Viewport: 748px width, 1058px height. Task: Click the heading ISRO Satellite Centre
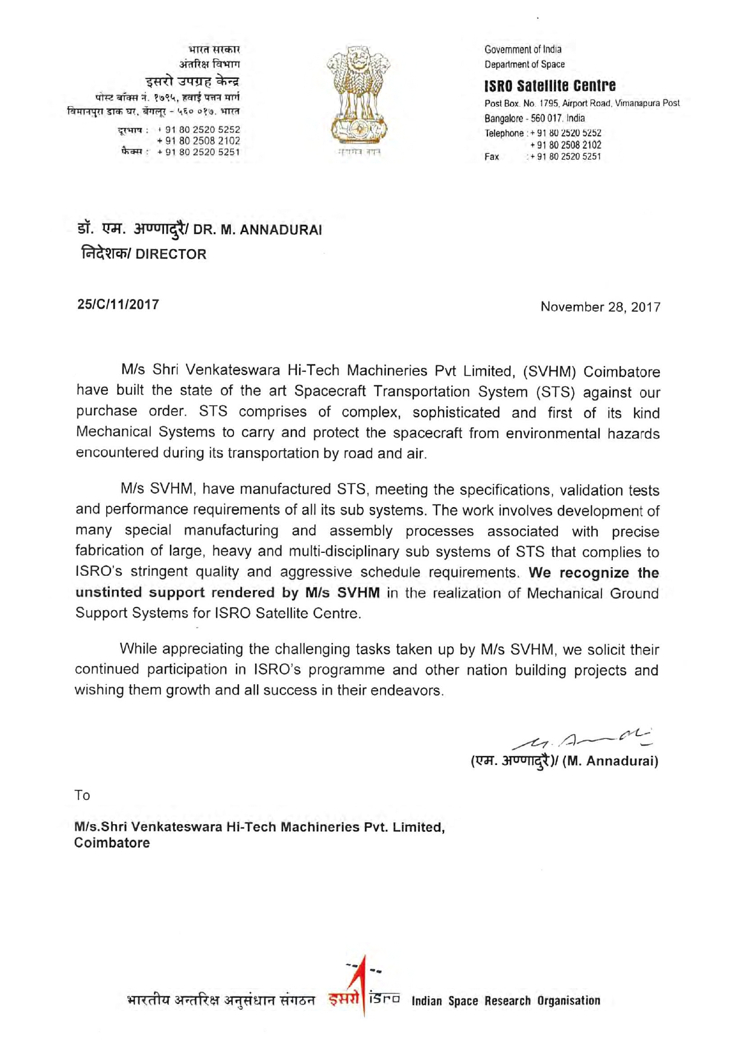point(550,86)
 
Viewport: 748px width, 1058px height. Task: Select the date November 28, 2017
point(600,307)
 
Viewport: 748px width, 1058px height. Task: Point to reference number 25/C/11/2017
point(118,304)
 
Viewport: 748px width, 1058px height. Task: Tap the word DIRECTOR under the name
point(171,254)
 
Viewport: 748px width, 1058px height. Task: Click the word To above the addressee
point(82,795)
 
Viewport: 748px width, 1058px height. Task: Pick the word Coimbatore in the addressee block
point(112,843)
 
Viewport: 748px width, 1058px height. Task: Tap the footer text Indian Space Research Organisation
point(506,1001)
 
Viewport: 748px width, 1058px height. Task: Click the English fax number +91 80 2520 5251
point(565,157)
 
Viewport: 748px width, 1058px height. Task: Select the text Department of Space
point(524,65)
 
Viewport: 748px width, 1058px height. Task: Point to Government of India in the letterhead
point(522,49)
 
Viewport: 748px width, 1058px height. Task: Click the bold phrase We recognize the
point(594,573)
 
